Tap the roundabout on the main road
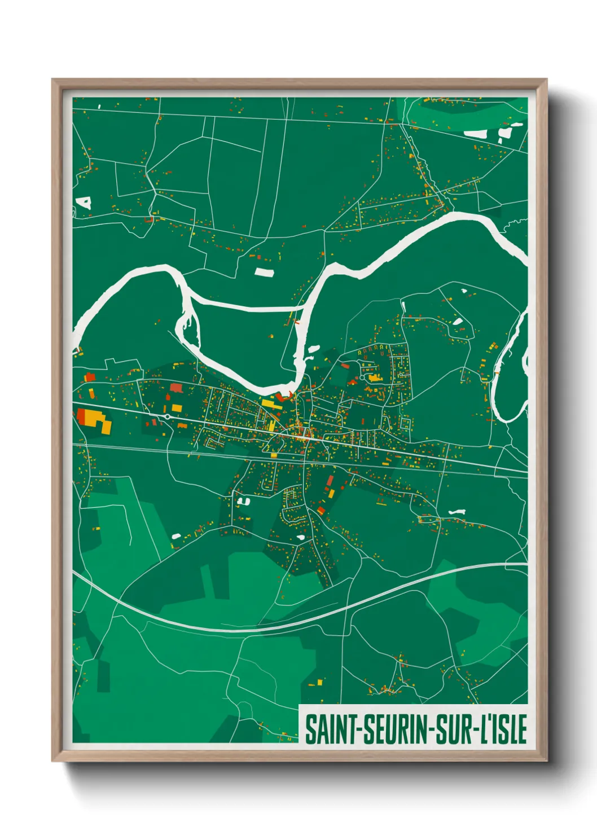click(x=167, y=416)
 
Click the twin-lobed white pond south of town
click(x=243, y=500)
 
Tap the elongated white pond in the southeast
click(x=456, y=512)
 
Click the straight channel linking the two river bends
click(x=245, y=307)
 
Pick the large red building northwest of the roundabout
click(x=176, y=388)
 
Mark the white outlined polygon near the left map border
click(x=84, y=203)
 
